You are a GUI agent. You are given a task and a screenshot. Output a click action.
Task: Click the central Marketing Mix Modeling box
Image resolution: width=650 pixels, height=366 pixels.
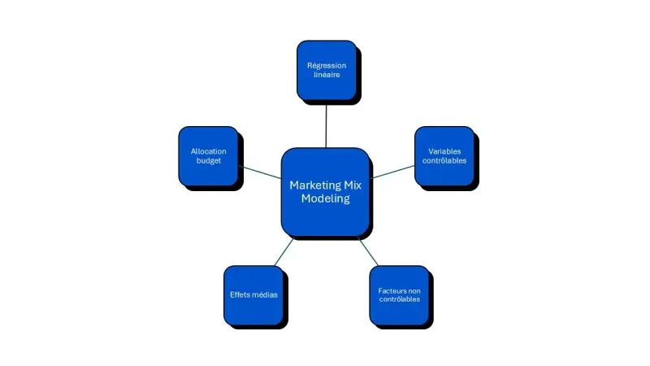pyautogui.click(x=325, y=192)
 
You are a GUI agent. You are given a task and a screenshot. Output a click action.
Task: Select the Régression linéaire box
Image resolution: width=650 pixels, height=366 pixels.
pyautogui.click(x=326, y=69)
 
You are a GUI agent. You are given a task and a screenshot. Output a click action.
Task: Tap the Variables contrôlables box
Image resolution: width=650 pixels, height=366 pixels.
pyautogui.click(x=444, y=155)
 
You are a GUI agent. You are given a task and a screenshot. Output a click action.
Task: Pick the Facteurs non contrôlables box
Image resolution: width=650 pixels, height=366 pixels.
pyautogui.click(x=399, y=294)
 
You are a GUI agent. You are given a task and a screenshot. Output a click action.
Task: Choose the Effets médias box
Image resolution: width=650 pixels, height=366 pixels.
pyautogui.click(x=253, y=294)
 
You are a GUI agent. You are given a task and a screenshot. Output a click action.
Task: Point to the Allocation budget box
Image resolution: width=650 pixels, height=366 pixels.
pyautogui.click(x=208, y=155)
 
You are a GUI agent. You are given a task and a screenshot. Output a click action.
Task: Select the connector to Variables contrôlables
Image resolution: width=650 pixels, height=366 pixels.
pyautogui.click(x=392, y=172)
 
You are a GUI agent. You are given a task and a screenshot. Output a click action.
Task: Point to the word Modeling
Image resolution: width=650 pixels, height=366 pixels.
pyautogui.click(x=325, y=199)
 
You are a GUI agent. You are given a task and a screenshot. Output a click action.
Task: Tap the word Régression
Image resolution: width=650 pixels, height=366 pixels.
pyautogui.click(x=326, y=64)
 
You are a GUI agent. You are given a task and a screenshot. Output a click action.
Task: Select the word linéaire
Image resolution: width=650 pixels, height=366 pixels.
pyautogui.click(x=326, y=75)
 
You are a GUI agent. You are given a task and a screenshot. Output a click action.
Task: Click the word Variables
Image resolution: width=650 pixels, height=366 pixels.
pyautogui.click(x=444, y=150)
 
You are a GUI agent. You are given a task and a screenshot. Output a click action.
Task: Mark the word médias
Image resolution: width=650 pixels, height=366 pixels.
pyautogui.click(x=265, y=294)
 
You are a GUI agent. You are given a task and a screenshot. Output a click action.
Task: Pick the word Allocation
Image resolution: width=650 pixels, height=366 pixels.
pyautogui.click(x=208, y=150)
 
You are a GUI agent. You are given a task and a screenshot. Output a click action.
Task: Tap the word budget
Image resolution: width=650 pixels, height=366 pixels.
pyautogui.click(x=208, y=161)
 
